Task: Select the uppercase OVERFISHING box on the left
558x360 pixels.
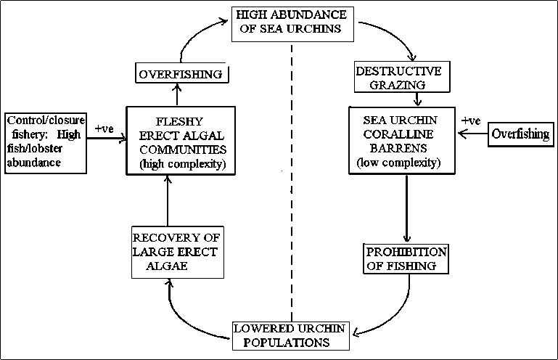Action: point(183,74)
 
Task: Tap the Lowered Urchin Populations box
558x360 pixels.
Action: point(290,334)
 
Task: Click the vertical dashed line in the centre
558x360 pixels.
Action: point(292,181)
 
